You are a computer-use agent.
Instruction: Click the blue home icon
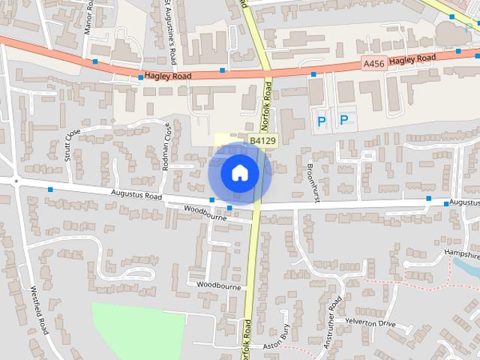239,172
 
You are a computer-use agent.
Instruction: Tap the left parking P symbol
322,120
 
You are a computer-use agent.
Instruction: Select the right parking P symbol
344,120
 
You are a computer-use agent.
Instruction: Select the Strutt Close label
72,145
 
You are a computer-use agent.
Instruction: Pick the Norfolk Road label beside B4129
268,105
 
